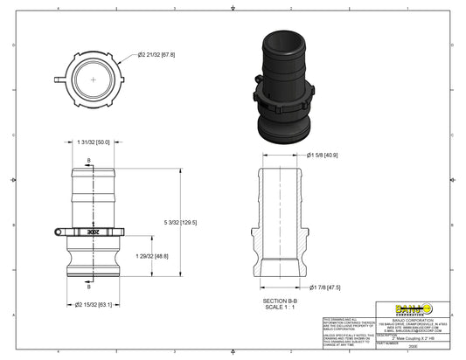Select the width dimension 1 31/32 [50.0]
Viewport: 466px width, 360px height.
coord(93,142)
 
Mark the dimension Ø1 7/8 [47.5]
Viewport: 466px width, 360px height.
coord(323,287)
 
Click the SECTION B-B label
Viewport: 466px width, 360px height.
coord(282,300)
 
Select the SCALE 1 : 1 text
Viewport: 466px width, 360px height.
coord(282,306)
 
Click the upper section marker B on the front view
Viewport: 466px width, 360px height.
coord(88,160)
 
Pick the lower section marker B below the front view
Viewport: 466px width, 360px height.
coord(88,286)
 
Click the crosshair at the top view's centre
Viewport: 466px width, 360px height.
coord(93,78)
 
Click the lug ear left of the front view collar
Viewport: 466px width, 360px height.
coord(56,232)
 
